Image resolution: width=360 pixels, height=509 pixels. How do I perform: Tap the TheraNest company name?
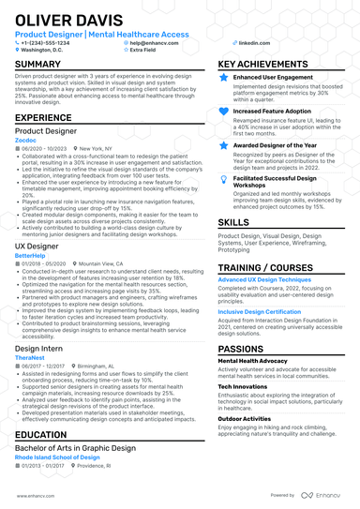(30, 357)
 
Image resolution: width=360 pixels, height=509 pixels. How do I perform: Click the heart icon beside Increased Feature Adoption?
(223, 112)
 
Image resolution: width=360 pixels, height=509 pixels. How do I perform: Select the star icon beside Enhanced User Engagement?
(223, 78)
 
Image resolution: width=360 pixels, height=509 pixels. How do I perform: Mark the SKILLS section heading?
(233, 222)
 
